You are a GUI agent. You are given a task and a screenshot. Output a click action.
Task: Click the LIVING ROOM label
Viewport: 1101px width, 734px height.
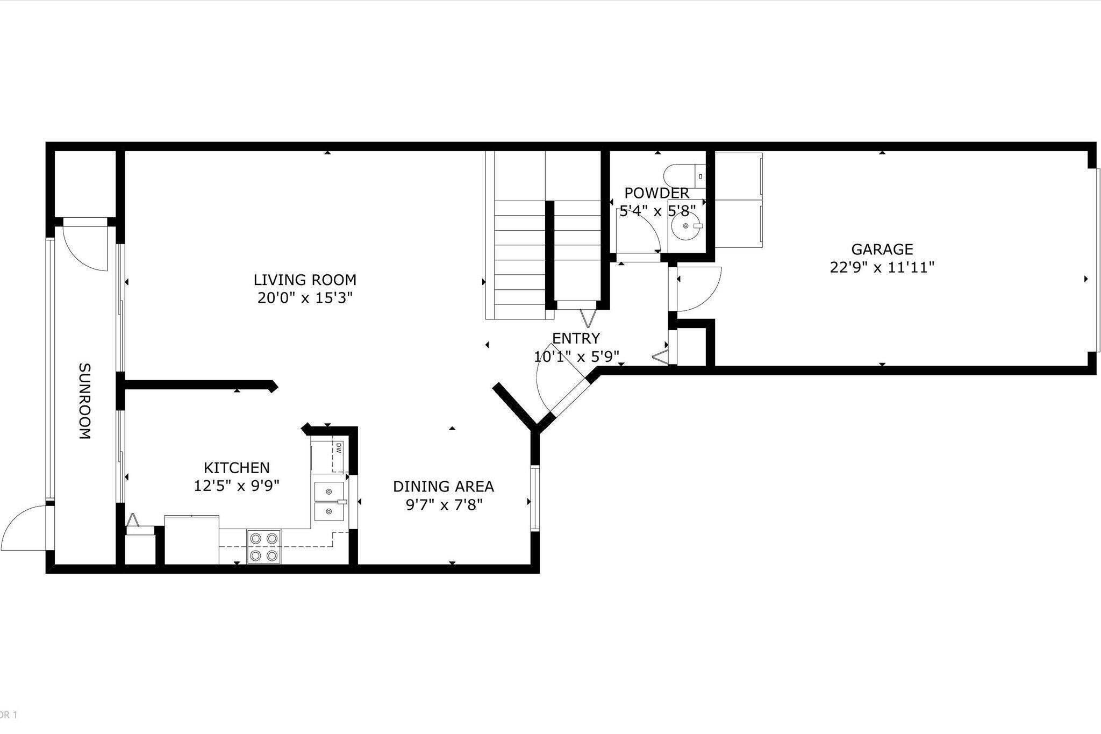tap(305, 280)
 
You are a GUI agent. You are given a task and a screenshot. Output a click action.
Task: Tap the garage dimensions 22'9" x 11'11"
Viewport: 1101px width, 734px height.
tap(882, 267)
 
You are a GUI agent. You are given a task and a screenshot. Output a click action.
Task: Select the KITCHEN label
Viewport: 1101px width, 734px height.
tap(237, 468)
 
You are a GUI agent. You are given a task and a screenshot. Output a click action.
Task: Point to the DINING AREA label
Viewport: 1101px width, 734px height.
tap(444, 487)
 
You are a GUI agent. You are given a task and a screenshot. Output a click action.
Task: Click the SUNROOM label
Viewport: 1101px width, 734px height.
tap(85, 401)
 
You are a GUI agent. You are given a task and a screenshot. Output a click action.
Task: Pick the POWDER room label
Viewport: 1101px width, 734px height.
tap(657, 193)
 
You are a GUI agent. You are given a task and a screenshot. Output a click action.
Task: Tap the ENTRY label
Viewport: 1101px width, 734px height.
tap(576, 338)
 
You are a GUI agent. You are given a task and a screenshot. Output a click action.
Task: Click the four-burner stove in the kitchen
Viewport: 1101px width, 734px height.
tap(264, 547)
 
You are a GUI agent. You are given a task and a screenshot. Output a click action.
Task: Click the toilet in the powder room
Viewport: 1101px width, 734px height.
tap(683, 176)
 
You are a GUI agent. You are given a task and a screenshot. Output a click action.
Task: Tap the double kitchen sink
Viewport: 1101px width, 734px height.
tap(328, 501)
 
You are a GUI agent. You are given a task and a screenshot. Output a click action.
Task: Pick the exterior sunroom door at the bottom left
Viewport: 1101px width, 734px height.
tap(27, 527)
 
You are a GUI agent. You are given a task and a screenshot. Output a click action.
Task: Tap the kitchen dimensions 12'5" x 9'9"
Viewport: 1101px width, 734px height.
tap(237, 486)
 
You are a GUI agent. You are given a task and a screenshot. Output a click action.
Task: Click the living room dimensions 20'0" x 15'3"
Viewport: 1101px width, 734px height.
tap(305, 298)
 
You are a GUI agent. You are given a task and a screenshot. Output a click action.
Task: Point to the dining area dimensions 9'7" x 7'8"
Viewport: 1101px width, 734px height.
tap(444, 505)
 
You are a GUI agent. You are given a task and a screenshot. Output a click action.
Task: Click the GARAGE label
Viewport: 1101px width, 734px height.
tap(882, 250)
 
